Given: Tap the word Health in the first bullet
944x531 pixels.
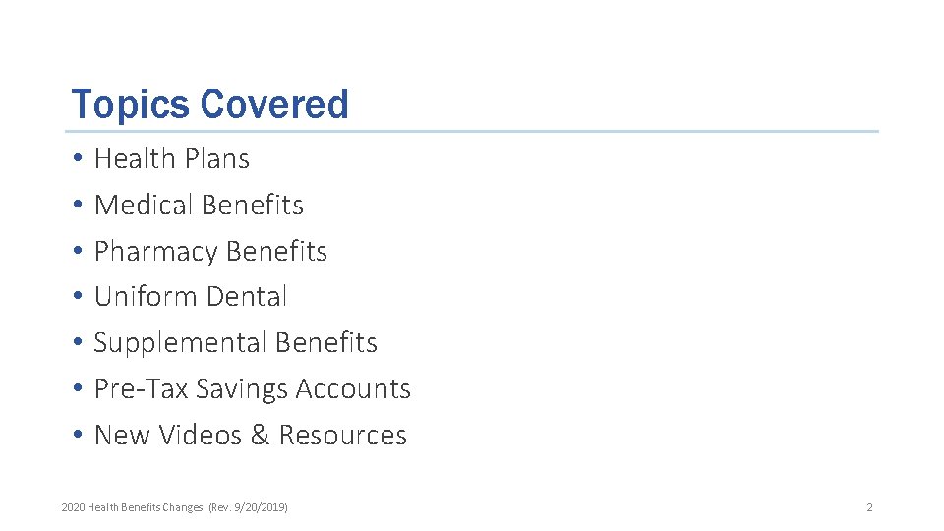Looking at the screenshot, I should tap(134, 158).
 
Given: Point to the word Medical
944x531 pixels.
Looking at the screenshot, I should tap(143, 205).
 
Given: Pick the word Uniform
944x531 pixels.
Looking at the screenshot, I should tap(142, 296).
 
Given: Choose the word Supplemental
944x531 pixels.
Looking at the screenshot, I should tap(180, 343).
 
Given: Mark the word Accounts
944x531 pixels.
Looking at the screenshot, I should tap(353, 389).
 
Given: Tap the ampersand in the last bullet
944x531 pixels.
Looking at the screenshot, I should tap(260, 435).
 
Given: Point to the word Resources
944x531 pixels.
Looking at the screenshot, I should tap(342, 435).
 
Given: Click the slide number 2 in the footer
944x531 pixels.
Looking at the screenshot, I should tap(869, 507).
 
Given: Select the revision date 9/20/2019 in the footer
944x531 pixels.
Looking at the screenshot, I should tap(261, 507).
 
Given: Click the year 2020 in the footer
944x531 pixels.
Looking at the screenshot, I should tap(73, 507).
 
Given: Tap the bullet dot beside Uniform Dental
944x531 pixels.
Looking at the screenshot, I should tap(77, 297).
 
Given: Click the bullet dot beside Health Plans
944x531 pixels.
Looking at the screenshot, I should tap(77, 159).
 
